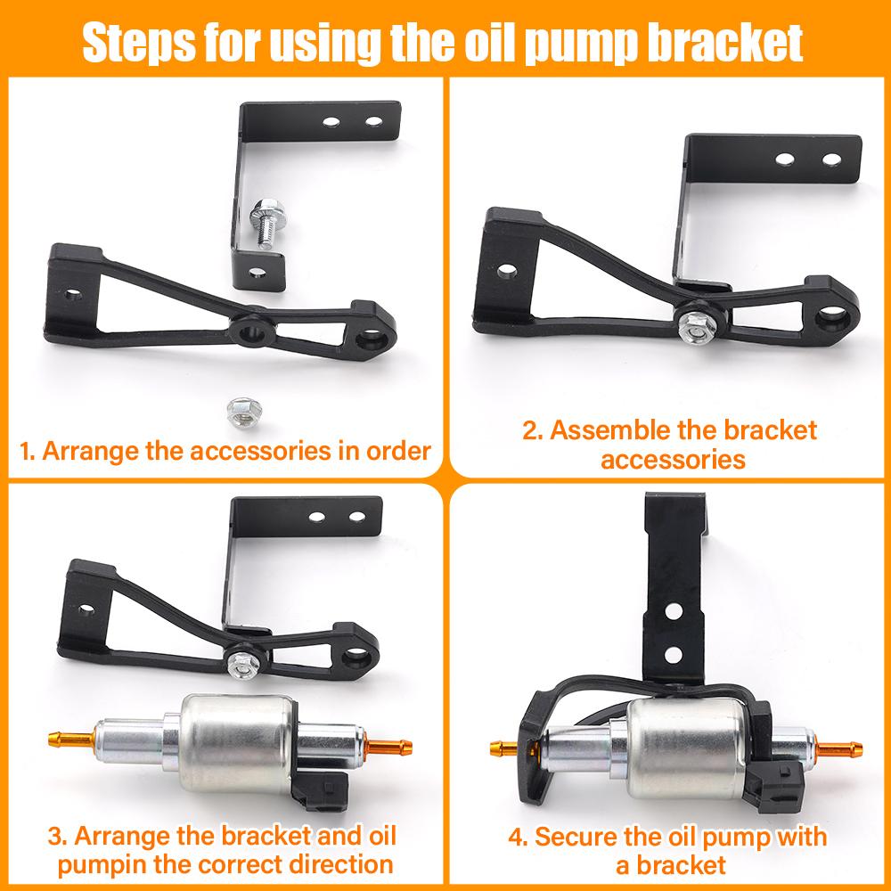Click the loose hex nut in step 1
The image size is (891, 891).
click(x=238, y=408)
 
